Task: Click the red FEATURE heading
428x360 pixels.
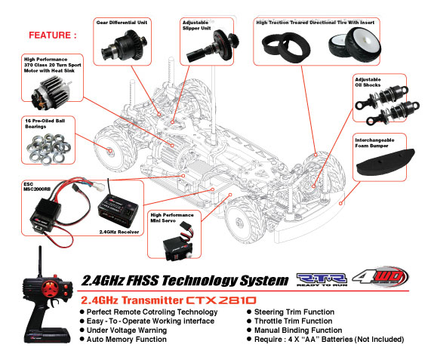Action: coord(53,35)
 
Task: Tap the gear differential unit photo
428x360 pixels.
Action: coord(125,45)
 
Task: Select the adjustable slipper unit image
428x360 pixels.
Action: coord(213,46)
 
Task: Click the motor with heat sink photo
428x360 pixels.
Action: coord(51,92)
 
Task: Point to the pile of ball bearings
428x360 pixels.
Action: coord(48,149)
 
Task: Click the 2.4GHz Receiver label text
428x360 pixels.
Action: coord(119,232)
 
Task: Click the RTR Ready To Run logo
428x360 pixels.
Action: coord(322,279)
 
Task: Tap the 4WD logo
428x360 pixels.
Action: coord(380,278)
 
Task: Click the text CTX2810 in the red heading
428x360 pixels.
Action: coord(221,300)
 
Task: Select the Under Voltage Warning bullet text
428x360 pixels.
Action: coord(127,331)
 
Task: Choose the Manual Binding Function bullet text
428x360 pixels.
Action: coord(298,331)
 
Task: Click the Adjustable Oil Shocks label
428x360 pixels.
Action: coord(368,82)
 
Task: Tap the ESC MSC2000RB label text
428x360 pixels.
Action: coord(37,186)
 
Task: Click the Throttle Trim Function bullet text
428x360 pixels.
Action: coord(293,321)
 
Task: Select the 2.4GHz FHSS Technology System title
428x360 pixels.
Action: coord(185,281)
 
